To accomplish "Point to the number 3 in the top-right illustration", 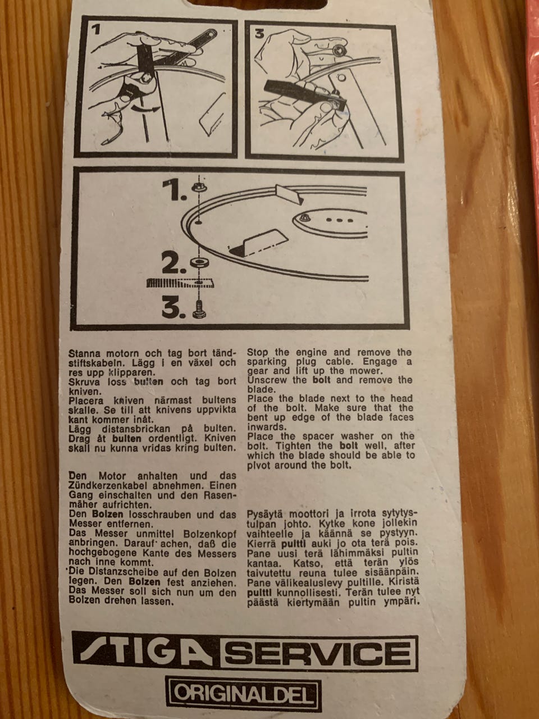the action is pyautogui.click(x=259, y=34).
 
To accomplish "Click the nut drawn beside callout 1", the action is pyautogui.click(x=198, y=188).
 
